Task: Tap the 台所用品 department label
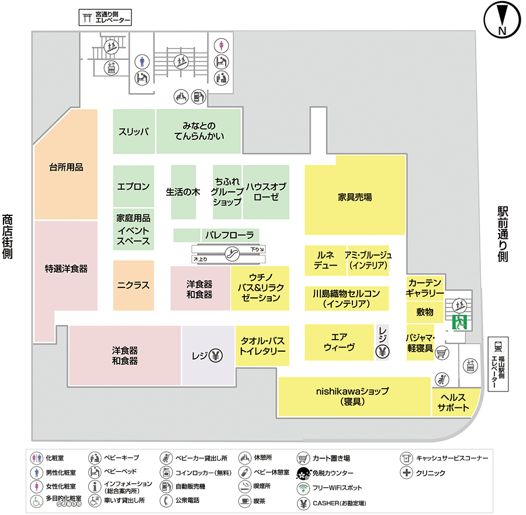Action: click(66, 167)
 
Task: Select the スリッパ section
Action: click(133, 131)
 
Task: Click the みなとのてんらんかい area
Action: click(199, 131)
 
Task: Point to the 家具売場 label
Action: click(355, 197)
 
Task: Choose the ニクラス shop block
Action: click(133, 286)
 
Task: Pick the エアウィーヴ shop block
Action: click(339, 342)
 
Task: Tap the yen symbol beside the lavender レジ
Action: click(216, 355)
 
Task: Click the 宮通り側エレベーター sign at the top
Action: click(105, 18)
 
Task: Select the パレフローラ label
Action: click(229, 235)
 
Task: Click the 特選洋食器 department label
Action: click(66, 269)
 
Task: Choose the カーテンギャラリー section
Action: click(425, 287)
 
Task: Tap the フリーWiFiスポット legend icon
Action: click(303, 487)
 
